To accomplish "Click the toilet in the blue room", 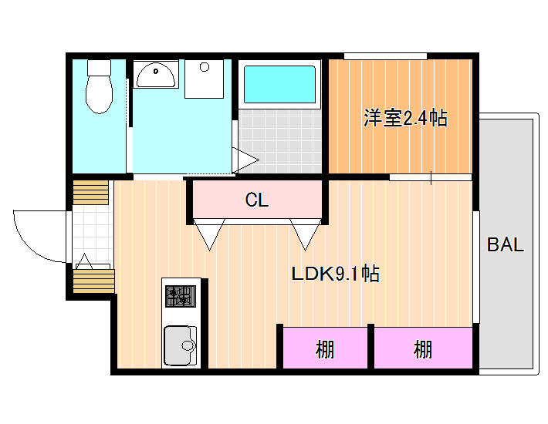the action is (x=100, y=86).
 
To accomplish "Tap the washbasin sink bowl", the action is (x=155, y=75).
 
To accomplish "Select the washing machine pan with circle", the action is (x=204, y=79).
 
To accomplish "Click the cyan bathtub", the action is (x=279, y=85).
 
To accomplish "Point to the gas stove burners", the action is (x=181, y=296).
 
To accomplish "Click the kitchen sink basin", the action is (x=181, y=345).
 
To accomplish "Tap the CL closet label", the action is (x=257, y=200).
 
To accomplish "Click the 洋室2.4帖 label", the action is (x=405, y=118).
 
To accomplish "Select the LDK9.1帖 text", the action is (x=336, y=274).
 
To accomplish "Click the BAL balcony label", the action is (x=506, y=244).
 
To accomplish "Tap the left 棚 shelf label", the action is (x=325, y=349).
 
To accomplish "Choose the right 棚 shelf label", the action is (x=423, y=349).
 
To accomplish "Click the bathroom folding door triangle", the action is (x=245, y=160).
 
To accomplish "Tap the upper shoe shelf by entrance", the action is (x=90, y=192).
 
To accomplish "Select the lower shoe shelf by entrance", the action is (x=93, y=281).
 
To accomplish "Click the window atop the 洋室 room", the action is (x=385, y=56).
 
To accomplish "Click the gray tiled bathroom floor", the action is (x=280, y=141).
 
